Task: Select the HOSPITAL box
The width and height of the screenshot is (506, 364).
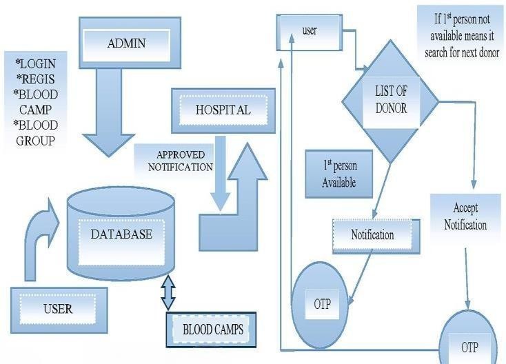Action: pos(222,110)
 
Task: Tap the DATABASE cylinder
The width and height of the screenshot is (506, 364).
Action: pos(121,234)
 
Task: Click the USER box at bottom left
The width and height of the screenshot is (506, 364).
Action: pos(59,309)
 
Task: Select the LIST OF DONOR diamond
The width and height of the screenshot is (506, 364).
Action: pos(391,101)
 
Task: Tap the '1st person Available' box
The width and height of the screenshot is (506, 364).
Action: pos(338,174)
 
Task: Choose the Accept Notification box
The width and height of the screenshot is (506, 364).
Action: pos(465,216)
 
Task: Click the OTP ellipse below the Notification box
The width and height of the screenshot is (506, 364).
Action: pos(323,304)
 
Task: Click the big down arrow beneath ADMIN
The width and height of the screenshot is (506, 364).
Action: pos(108,117)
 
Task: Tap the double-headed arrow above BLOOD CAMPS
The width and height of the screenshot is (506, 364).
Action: pos(168,294)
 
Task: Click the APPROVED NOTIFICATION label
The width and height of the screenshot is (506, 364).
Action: pos(176,161)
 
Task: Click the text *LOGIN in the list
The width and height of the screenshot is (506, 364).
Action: pos(36,63)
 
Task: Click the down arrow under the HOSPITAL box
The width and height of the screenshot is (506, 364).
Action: pos(220,172)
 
